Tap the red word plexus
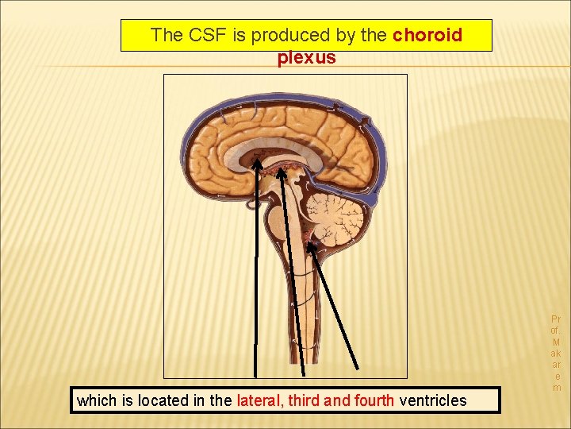point(306,58)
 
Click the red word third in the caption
point(308,400)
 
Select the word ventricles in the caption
point(434,400)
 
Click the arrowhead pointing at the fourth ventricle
point(312,247)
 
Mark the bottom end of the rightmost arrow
point(358,368)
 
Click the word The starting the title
point(167,35)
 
